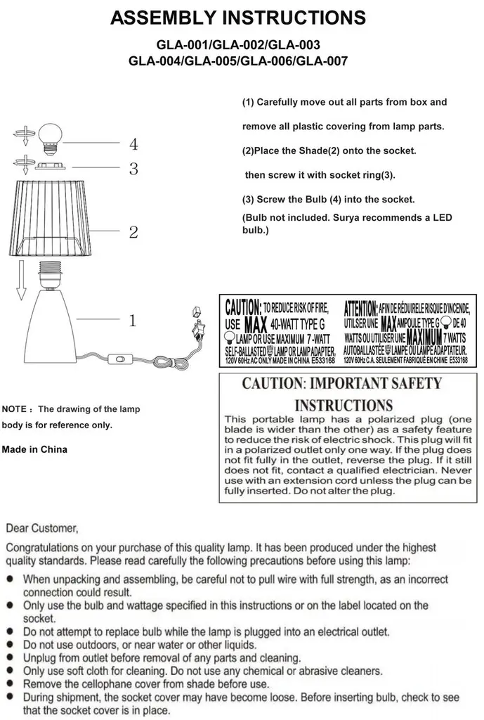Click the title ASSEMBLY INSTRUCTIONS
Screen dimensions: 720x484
pyautogui.click(x=238, y=18)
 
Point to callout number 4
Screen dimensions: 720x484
pyautogui.click(x=133, y=145)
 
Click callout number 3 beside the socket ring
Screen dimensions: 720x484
pyautogui.click(x=133, y=169)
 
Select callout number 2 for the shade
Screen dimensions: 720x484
pyautogui.click(x=133, y=232)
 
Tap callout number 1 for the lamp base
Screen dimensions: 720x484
pyautogui.click(x=132, y=321)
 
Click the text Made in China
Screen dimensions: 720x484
pyautogui.click(x=35, y=449)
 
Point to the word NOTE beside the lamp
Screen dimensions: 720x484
pyautogui.click(x=15, y=409)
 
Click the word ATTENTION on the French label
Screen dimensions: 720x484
pyautogui.click(x=360, y=307)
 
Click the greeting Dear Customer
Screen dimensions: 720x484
pyautogui.click(x=42, y=527)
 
